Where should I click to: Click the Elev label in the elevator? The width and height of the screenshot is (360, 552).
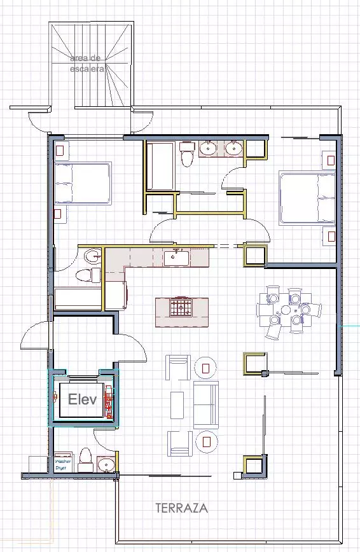coord(82,399)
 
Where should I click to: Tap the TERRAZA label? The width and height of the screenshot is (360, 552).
coord(182,508)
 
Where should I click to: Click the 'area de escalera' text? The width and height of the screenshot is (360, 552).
coord(87,64)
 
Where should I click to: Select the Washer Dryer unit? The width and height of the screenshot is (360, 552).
coord(64,462)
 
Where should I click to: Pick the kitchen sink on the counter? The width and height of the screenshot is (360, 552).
coord(177,258)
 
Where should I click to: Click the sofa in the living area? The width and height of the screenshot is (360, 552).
coord(205,404)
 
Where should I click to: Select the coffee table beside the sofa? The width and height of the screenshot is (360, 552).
coord(177,405)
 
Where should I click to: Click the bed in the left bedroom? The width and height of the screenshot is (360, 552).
coord(83,183)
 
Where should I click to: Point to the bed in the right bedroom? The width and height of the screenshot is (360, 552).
coord(307,198)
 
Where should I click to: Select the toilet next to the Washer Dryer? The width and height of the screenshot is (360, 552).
coord(85,459)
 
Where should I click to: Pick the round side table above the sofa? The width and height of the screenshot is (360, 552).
coord(205,368)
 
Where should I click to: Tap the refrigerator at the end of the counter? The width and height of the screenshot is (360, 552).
coord(116,295)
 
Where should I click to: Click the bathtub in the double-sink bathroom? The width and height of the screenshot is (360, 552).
coord(161,166)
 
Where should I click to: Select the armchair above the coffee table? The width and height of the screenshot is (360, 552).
coord(178,368)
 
